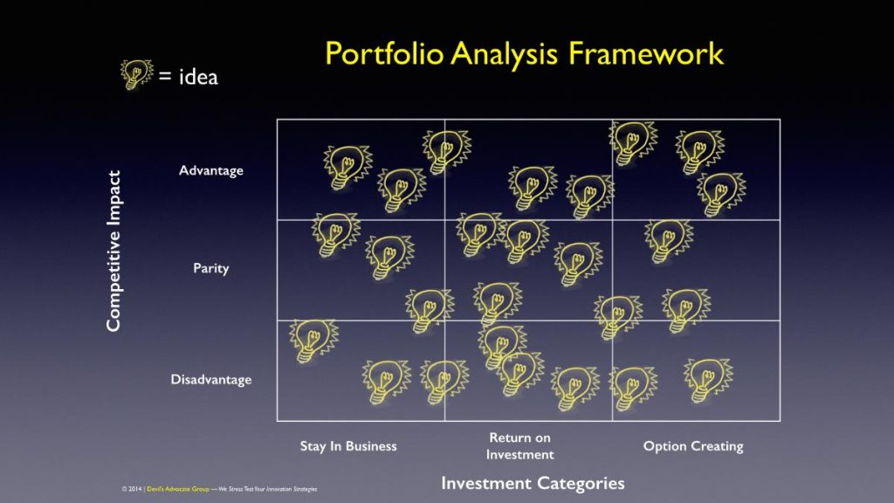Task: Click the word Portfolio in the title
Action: click(384, 53)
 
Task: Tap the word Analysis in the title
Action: click(504, 55)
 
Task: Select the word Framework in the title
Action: click(646, 53)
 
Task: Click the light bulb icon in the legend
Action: click(136, 74)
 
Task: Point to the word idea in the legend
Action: click(198, 77)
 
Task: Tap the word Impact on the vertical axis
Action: click(114, 198)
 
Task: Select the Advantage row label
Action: click(211, 170)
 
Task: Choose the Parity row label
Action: click(211, 268)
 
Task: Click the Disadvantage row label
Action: click(211, 379)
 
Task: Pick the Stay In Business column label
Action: click(348, 446)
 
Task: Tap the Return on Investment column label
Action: click(520, 446)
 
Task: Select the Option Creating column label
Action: click(693, 446)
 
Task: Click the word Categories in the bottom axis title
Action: click(581, 484)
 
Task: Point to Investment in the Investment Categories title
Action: click(486, 483)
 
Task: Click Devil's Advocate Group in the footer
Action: click(178, 489)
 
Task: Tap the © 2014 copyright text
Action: click(132, 489)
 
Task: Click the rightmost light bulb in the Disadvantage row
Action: click(708, 381)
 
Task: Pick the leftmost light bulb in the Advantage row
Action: click(347, 167)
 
